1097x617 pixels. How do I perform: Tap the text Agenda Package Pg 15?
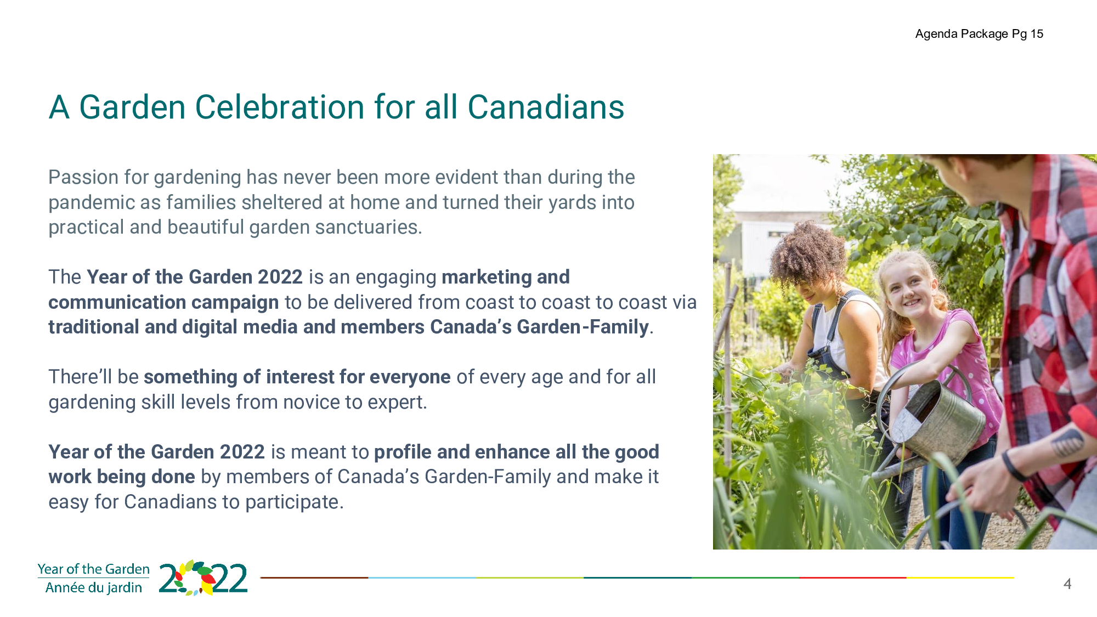click(x=979, y=34)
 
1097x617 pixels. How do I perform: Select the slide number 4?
click(x=1067, y=584)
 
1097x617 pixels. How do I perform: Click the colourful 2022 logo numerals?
click(x=203, y=578)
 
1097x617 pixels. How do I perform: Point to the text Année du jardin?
click(x=94, y=587)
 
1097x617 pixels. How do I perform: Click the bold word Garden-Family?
click(x=583, y=327)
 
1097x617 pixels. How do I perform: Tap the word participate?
click(x=294, y=502)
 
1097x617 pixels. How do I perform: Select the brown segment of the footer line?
click(x=314, y=578)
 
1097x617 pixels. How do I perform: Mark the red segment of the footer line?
click(x=853, y=578)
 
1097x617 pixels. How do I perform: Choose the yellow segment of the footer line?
click(x=960, y=578)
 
